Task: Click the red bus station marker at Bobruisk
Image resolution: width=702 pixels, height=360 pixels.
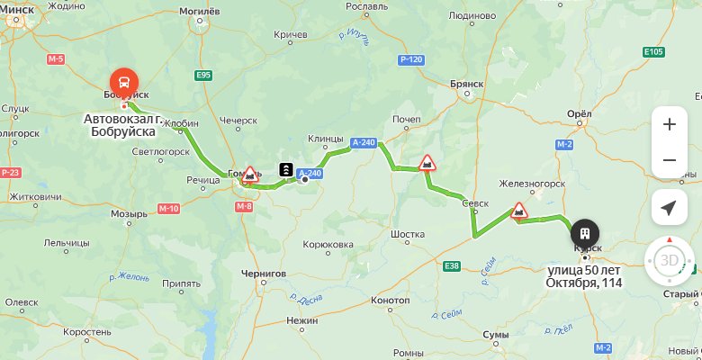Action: tap(123, 79)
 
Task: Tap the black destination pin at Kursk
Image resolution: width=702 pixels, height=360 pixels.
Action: tap(585, 232)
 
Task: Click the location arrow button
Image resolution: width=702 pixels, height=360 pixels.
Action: tap(669, 208)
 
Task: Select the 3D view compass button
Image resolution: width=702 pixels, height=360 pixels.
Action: tap(669, 261)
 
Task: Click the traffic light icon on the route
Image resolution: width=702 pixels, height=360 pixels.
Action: tap(285, 169)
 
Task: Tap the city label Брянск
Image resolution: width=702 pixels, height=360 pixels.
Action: tap(467, 83)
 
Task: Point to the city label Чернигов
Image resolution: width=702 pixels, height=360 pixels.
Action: tap(264, 273)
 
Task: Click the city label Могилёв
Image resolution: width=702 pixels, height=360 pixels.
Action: tap(201, 11)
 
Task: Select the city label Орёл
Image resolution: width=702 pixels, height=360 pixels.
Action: tap(580, 114)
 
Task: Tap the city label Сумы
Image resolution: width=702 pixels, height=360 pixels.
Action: tap(496, 335)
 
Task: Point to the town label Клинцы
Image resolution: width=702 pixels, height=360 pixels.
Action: tap(325, 139)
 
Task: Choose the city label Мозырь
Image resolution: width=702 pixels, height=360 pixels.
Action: tap(129, 214)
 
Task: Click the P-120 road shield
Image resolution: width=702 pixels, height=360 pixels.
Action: tap(409, 59)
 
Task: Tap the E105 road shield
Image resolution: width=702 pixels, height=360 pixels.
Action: tap(654, 52)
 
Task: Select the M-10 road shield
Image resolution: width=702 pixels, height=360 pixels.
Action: tap(168, 209)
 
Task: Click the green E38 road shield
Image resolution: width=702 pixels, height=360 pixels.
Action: tap(452, 265)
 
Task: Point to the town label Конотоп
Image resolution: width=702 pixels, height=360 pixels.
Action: tap(391, 300)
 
